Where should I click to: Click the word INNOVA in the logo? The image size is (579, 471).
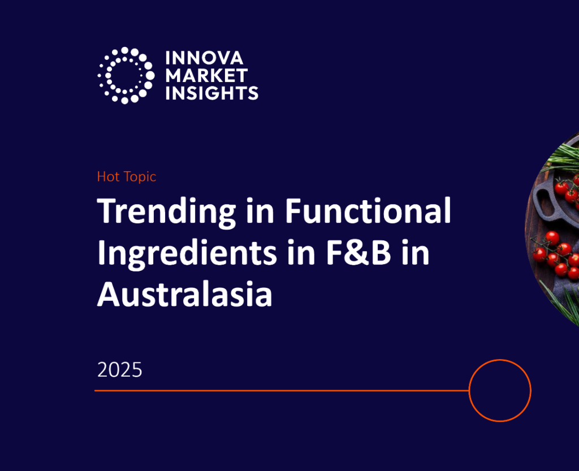tap(204, 58)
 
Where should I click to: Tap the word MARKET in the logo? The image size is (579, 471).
tap(206, 75)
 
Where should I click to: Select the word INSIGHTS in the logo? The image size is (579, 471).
tap(212, 92)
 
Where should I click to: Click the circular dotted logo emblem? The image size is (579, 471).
tap(126, 75)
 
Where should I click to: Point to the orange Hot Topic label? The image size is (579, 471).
tap(126, 177)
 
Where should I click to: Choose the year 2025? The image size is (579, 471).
tap(119, 370)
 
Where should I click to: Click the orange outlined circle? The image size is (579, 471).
tap(500, 390)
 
